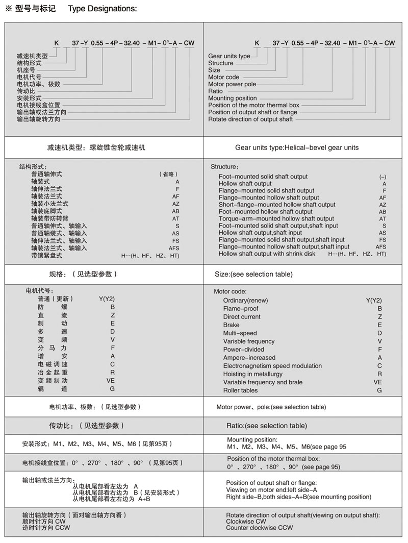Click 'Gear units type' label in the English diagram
(x=229, y=56)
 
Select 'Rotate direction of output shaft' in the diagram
(x=250, y=119)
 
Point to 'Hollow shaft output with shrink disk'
(x=267, y=254)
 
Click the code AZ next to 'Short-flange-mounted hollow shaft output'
(x=382, y=205)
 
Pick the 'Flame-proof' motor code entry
(x=241, y=309)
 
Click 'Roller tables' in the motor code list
(x=240, y=390)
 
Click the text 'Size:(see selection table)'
(x=253, y=274)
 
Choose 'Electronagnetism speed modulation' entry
(x=272, y=366)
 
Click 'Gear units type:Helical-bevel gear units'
(x=297, y=147)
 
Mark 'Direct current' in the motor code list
(x=242, y=317)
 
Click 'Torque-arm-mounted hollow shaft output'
(x=269, y=218)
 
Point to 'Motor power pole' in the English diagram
(x=232, y=84)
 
